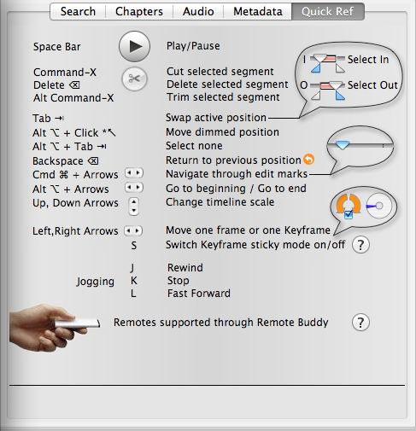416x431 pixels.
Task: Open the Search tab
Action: click(78, 12)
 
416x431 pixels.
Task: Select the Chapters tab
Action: click(139, 12)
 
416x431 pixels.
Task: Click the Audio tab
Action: click(198, 12)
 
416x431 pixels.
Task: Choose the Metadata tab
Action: click(258, 12)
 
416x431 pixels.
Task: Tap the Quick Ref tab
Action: click(327, 12)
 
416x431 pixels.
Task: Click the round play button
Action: click(134, 46)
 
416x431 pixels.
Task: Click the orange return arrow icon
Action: click(309, 160)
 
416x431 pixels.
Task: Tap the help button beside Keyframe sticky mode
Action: click(360, 245)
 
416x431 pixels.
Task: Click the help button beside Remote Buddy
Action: click(360, 323)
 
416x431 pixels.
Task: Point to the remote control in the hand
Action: click(78, 323)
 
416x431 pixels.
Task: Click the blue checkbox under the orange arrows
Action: click(349, 214)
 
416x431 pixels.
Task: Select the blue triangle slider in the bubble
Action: click(343, 145)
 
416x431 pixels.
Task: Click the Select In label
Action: click(368, 60)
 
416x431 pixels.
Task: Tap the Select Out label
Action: click(372, 85)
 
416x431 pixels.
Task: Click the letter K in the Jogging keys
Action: click(134, 281)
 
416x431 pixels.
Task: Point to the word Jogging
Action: click(96, 282)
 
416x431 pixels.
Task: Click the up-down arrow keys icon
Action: click(134, 207)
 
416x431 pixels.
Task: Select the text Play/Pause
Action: click(193, 46)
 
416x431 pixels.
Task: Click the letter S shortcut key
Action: click(134, 245)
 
